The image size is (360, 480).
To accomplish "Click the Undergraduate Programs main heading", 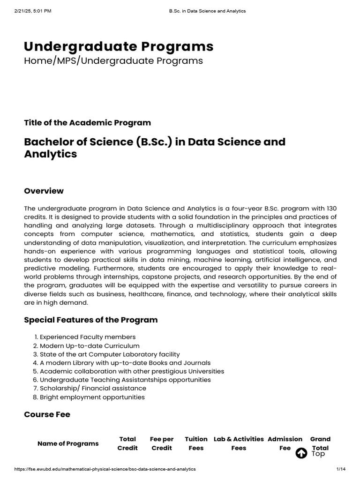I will click(119, 46).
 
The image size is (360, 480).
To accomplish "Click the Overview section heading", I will click(44, 191).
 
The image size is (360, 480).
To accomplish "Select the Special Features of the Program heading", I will click(90, 320).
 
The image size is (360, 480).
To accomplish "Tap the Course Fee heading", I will click(47, 414).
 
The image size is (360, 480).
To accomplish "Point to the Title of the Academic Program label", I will click(87, 123).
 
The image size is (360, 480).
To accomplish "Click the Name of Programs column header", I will click(68, 443).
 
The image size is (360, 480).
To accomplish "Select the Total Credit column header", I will click(127, 443).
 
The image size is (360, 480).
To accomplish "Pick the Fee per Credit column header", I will click(162, 443).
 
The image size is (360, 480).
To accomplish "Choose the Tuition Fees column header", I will click(196, 443).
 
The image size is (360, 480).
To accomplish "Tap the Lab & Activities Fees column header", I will click(239, 443).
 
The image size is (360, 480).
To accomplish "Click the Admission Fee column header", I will click(285, 443).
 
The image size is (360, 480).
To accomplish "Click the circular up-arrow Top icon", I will click(302, 453).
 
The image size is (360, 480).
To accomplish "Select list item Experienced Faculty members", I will click(88, 337).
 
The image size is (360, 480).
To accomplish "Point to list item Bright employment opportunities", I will click(92, 397).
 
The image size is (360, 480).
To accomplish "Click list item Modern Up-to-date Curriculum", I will click(90, 345).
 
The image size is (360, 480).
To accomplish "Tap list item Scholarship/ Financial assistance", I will click(93, 388).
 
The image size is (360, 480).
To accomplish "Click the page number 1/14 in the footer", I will click(340, 469).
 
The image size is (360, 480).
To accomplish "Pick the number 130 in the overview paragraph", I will click(331, 208).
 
